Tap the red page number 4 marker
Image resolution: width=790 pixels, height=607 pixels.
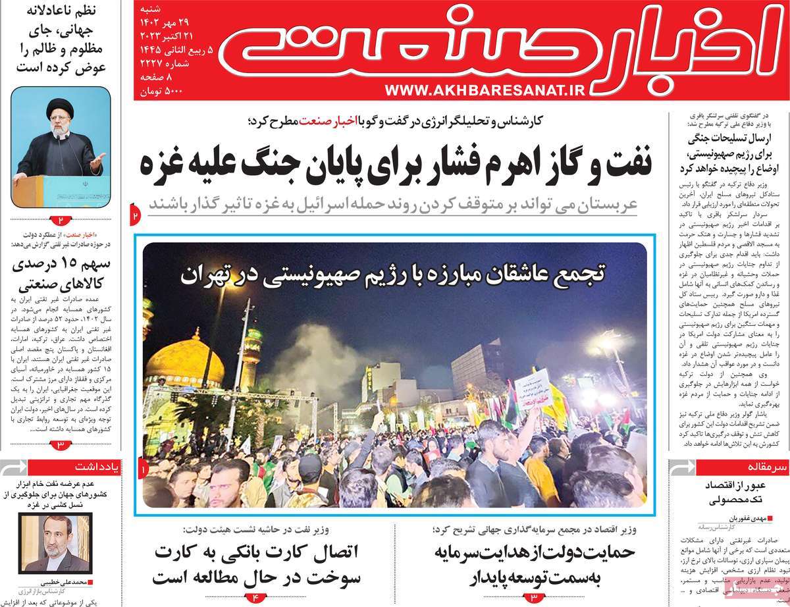click(x=256, y=596)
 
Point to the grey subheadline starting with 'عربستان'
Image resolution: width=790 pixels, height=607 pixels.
click(x=393, y=203)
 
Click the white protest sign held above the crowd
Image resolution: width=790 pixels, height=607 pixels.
click(x=534, y=388)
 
